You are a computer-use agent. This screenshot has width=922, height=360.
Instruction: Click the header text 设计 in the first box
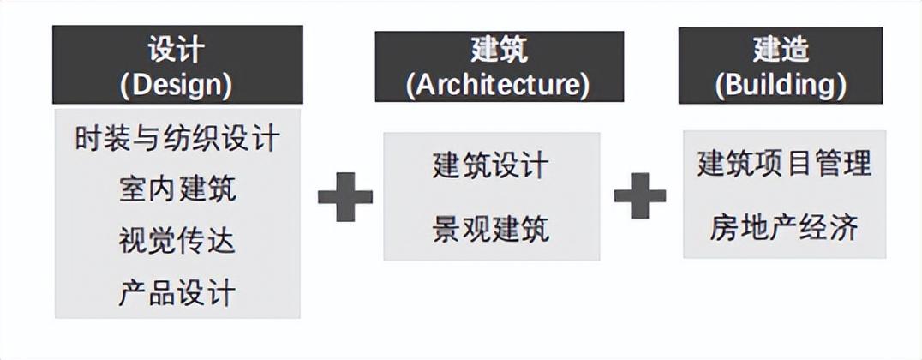tap(177, 49)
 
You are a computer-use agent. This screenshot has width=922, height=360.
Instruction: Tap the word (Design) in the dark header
tap(177, 84)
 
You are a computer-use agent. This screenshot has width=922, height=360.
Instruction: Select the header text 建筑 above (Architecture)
tap(499, 49)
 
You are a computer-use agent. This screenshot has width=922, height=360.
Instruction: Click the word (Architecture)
tap(499, 84)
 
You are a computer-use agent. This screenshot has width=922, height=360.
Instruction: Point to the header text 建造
tap(781, 49)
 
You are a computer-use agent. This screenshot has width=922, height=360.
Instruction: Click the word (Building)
tap(781, 84)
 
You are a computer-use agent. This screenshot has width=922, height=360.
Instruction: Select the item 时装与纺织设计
tap(177, 139)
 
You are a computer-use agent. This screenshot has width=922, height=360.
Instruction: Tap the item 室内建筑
tap(177, 189)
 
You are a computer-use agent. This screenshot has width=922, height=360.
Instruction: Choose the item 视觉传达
tap(177, 241)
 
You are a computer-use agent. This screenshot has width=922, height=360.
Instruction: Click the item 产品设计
tap(177, 293)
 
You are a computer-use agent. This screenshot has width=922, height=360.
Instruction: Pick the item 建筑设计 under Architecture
tap(491, 165)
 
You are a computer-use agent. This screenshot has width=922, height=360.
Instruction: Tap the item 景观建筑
tap(491, 229)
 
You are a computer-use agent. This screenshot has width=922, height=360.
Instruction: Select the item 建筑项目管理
tap(784, 163)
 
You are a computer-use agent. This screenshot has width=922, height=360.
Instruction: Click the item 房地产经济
tap(784, 228)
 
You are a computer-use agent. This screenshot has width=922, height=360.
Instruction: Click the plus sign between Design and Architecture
tap(345, 196)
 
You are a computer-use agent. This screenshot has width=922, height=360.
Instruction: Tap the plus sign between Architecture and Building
tap(640, 196)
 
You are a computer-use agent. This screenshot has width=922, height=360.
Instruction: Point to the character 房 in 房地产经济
tap(725, 228)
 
